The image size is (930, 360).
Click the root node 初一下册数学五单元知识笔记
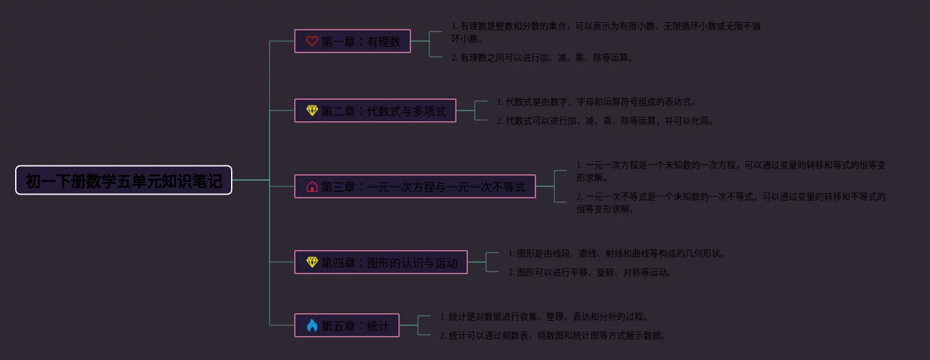(124, 181)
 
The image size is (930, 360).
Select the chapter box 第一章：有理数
(352, 42)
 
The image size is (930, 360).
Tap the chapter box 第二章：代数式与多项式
(375, 111)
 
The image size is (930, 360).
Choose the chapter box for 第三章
(415, 187)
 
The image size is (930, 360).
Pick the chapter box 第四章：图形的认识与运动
(381, 263)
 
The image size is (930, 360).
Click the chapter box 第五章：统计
(347, 326)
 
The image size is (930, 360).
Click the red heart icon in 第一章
(312, 41)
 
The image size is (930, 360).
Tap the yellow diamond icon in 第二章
(312, 111)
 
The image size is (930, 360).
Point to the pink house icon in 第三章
(312, 186)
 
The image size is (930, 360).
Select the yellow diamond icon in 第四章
(312, 262)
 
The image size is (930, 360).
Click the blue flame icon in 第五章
(312, 325)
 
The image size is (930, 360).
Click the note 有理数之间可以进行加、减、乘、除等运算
(542, 57)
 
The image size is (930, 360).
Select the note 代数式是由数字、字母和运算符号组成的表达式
(596, 102)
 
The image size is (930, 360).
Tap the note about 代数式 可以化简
(605, 121)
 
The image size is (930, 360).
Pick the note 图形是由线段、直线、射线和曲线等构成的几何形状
(617, 253)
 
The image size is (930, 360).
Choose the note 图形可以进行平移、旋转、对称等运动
(590, 272)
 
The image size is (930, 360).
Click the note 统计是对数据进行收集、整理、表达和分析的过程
(544, 316)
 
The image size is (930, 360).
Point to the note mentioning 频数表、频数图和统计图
(553, 335)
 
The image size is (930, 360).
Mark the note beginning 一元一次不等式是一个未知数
(730, 203)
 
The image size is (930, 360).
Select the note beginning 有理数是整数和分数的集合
(605, 32)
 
